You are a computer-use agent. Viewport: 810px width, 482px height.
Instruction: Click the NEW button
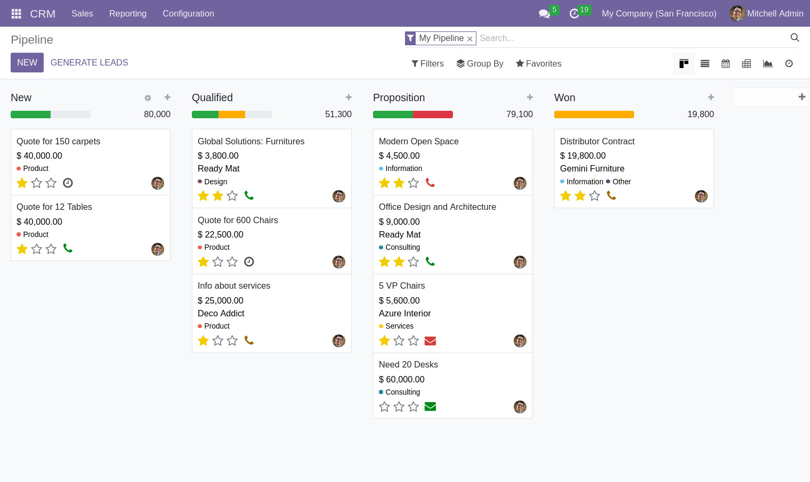[x=27, y=63]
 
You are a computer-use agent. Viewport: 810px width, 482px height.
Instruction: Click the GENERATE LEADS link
[x=89, y=63]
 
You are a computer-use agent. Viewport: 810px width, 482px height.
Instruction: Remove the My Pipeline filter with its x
[x=469, y=39]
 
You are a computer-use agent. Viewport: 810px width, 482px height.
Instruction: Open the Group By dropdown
[x=480, y=64]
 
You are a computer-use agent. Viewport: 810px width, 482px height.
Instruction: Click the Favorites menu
[x=538, y=64]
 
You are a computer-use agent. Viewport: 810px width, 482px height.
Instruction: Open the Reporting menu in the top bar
[x=128, y=14]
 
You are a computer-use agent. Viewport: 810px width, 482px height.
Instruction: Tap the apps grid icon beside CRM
[x=17, y=14]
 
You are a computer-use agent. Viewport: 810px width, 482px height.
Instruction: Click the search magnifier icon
[x=795, y=38]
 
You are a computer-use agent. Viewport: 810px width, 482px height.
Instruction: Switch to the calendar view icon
[x=726, y=64]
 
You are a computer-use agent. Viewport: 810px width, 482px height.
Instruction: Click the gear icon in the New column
[x=148, y=98]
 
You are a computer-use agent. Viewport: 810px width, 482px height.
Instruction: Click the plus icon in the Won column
[x=711, y=97]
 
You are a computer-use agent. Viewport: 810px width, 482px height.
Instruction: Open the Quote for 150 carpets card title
[x=59, y=142]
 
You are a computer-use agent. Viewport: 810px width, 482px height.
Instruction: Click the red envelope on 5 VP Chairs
[x=430, y=341]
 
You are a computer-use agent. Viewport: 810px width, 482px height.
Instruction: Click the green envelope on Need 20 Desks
[x=430, y=407]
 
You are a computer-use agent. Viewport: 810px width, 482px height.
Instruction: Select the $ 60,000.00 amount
[x=402, y=380]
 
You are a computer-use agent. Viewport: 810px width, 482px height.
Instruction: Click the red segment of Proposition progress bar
[x=433, y=115]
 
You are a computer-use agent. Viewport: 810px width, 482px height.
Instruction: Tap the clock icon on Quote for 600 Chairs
[x=249, y=262]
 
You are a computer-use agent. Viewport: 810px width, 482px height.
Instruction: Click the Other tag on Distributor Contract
[x=621, y=182]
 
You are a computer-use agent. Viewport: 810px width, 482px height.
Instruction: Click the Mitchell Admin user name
[x=775, y=14]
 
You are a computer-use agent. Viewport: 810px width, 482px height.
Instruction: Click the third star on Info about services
[x=232, y=341]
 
